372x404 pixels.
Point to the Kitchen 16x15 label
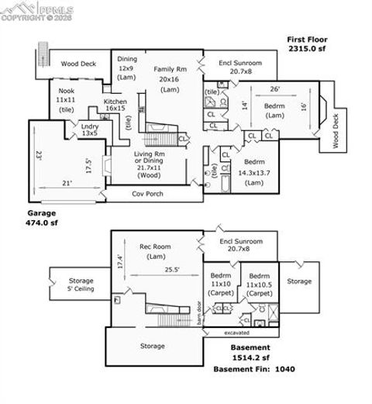tap(115, 105)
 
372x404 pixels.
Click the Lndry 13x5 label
tap(90, 129)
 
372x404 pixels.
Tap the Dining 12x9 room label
tap(126, 68)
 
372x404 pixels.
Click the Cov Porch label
tap(147, 194)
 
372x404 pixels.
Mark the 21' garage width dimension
tap(67, 184)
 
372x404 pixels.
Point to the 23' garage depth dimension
tap(37, 154)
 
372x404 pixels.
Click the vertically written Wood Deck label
tap(336, 131)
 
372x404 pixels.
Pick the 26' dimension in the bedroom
tap(274, 88)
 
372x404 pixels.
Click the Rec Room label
tap(155, 251)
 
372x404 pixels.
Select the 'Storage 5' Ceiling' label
tap(81, 285)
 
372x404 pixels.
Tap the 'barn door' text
tap(198, 311)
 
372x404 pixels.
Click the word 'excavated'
tap(237, 333)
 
